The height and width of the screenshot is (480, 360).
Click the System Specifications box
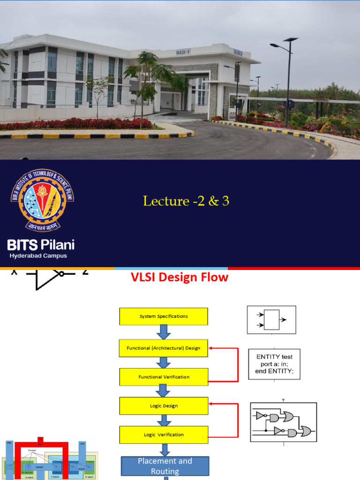click(x=164, y=316)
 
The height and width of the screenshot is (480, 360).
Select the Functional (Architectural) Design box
click(x=164, y=348)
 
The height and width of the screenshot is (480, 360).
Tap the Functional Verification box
click(x=164, y=377)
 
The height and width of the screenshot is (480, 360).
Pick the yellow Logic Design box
click(x=164, y=406)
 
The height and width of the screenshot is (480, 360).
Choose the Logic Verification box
click(x=164, y=435)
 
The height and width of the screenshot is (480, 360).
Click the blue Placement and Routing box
click(x=165, y=466)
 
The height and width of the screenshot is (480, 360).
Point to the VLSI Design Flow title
click(x=179, y=277)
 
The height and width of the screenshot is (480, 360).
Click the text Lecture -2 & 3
click(x=186, y=201)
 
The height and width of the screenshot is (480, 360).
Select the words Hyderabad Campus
click(x=38, y=256)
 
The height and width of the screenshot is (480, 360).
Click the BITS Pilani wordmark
click(x=41, y=245)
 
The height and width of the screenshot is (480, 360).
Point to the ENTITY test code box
click(x=274, y=364)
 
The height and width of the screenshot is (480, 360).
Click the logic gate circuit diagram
click(x=283, y=422)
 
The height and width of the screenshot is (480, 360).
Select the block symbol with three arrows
click(x=271, y=320)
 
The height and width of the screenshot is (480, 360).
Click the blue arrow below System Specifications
click(x=164, y=332)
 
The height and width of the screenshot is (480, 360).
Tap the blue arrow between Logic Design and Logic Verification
click(x=164, y=420)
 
